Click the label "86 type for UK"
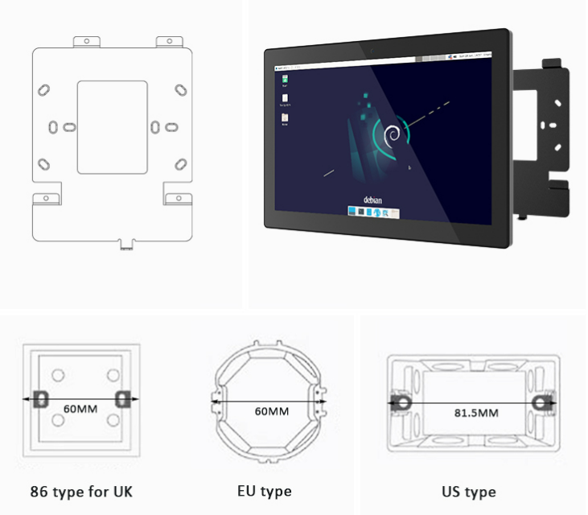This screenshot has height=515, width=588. click(80, 491)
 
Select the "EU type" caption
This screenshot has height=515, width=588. click(265, 491)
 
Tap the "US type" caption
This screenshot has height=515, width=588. click(468, 491)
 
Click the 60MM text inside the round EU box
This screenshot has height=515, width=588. click(271, 411)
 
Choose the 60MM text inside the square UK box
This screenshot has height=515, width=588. click(80, 409)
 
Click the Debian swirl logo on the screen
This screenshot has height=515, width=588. click(393, 134)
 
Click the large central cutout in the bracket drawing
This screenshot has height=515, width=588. click(112, 126)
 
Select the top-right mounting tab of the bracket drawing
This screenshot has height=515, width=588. click(170, 40)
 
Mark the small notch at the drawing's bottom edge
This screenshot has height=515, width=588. click(125, 242)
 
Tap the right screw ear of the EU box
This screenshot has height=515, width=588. click(322, 398)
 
